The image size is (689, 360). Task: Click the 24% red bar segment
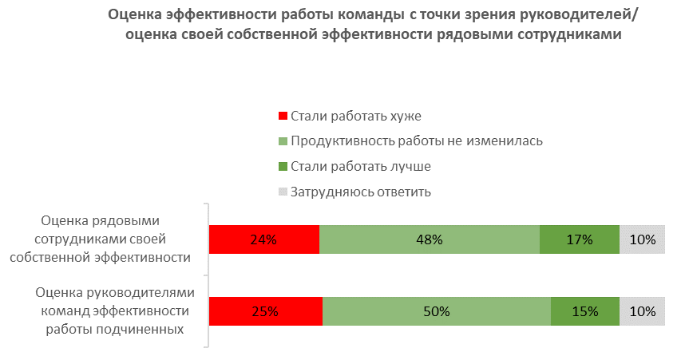click(x=263, y=239)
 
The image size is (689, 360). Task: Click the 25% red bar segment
click(x=265, y=311)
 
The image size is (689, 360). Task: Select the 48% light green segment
click(x=429, y=239)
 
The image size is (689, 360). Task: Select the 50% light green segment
click(x=436, y=311)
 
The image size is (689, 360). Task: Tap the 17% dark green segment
click(x=579, y=239)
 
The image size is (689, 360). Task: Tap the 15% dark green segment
click(x=584, y=311)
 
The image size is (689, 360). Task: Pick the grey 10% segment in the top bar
click(x=642, y=239)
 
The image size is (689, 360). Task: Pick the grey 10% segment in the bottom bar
click(x=642, y=311)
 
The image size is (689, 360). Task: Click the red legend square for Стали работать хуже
click(x=282, y=116)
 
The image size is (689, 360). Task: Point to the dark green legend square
click(x=282, y=167)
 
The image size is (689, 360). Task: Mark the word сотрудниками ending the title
click(x=575, y=35)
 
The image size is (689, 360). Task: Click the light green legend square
click(x=282, y=141)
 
